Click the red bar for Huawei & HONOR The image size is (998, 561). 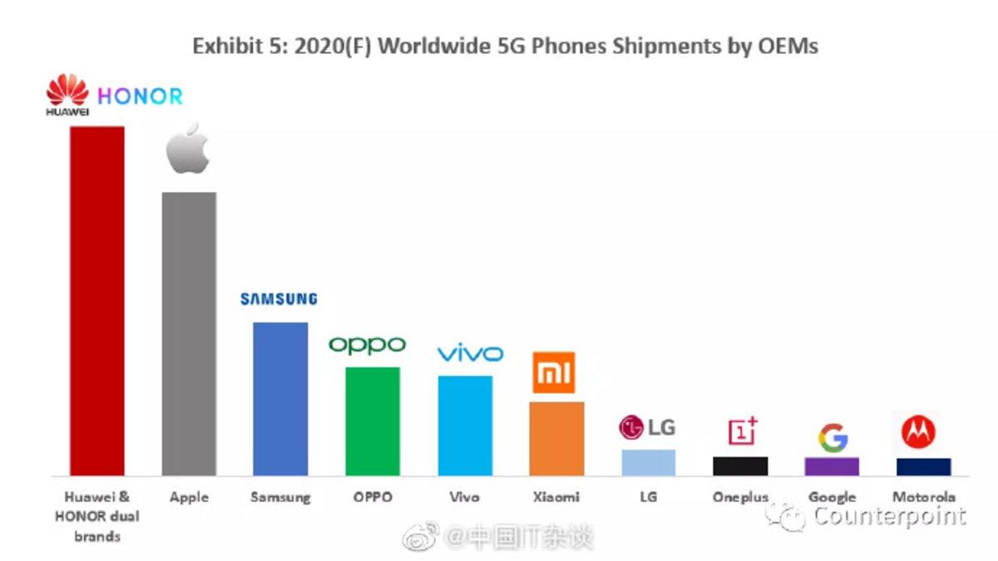click(96, 301)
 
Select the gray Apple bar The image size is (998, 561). click(189, 333)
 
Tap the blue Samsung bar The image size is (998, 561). click(280, 398)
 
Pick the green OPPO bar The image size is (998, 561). click(373, 421)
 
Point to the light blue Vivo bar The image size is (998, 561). click(465, 425)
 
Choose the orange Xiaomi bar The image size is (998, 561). click(556, 438)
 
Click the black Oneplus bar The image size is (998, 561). click(740, 465)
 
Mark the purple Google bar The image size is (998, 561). click(832, 465)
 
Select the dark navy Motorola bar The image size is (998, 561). click(923, 466)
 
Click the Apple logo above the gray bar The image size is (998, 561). click(188, 149)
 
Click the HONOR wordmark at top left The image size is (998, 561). click(140, 96)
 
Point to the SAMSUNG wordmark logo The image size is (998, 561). click(279, 299)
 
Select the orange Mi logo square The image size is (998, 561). click(553, 372)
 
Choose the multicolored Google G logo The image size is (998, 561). click(832, 438)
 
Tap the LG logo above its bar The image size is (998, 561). click(647, 428)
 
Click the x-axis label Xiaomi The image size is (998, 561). click(556, 498)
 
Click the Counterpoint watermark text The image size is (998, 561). click(889, 516)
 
